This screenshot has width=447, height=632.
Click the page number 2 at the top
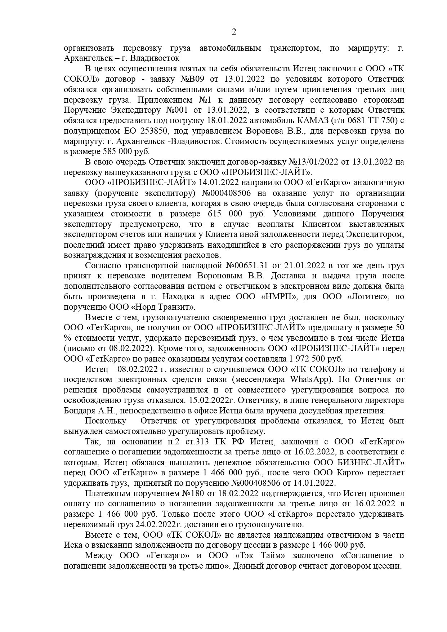234,32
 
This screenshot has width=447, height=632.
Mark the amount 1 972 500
308,359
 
